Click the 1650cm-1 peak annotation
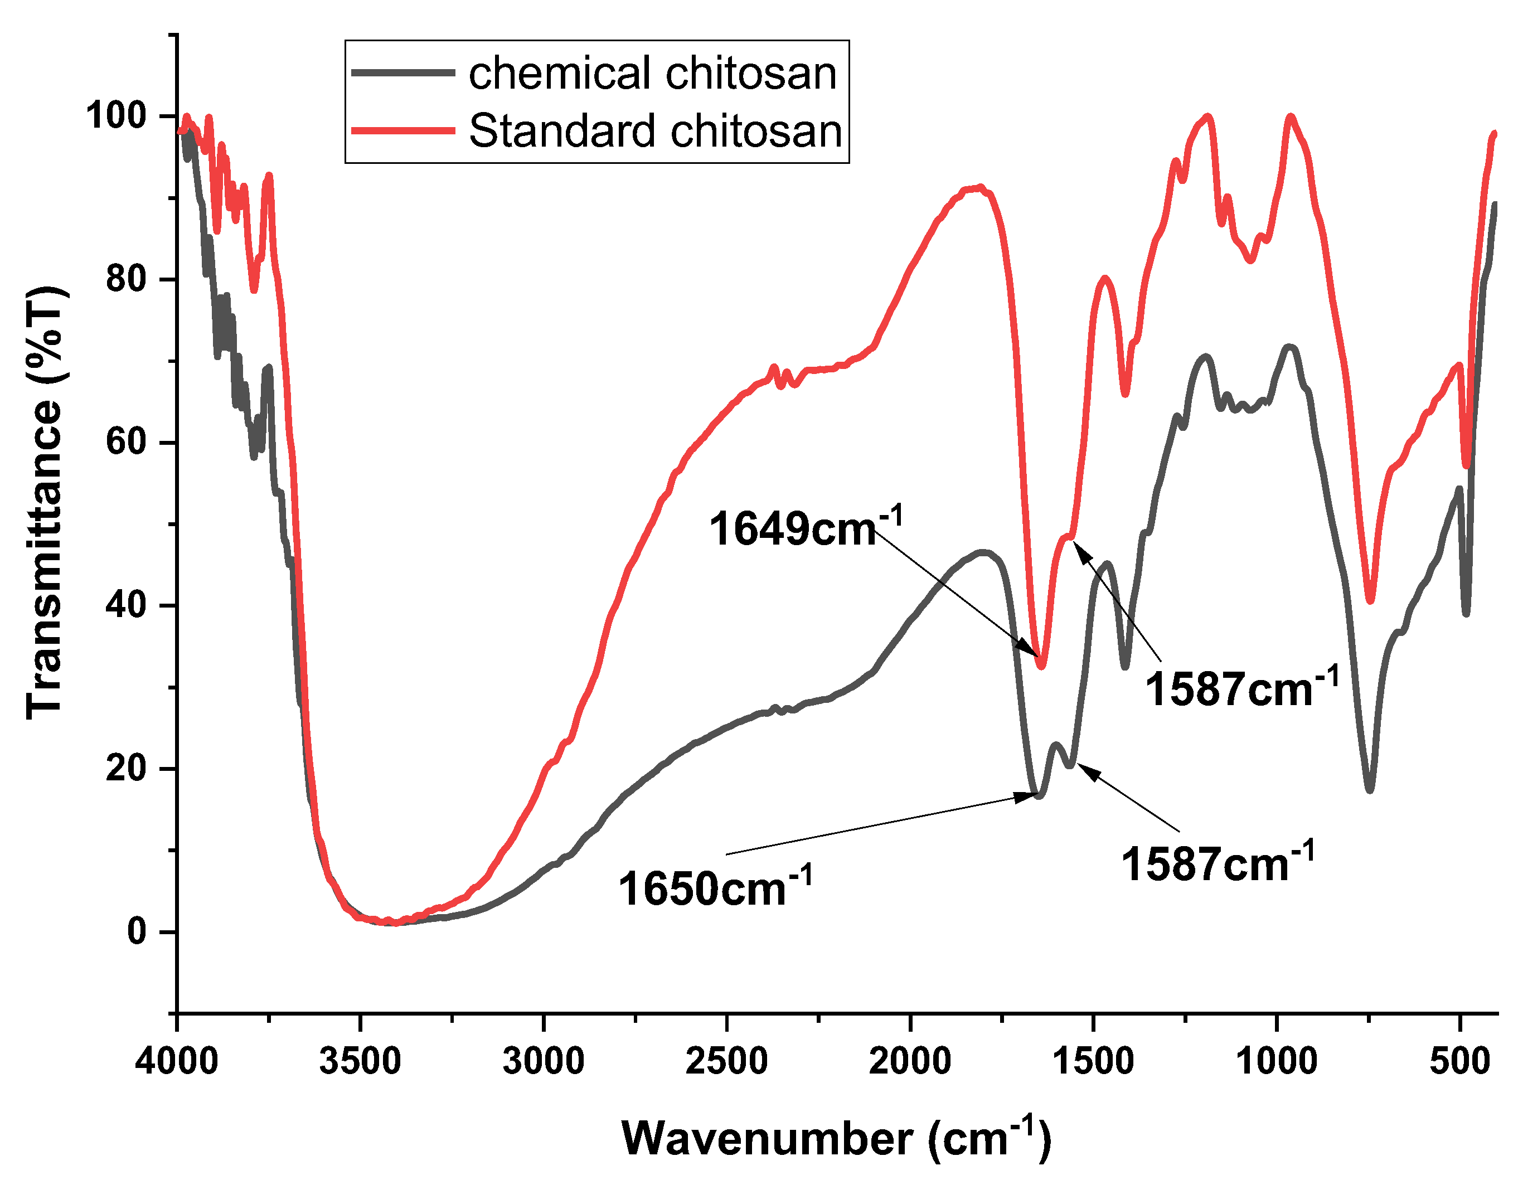[715, 887]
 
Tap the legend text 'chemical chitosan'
[652, 73]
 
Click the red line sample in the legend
[403, 130]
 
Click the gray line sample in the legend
[403, 72]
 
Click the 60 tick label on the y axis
[127, 442]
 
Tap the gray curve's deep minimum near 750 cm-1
[1369, 789]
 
